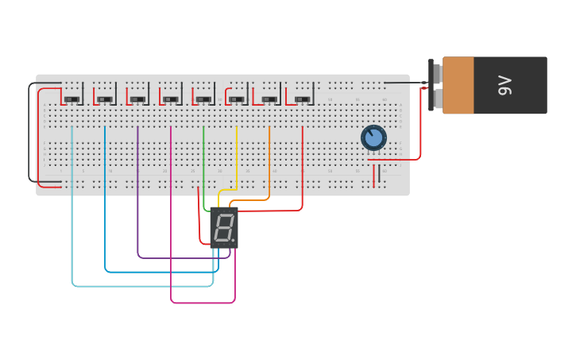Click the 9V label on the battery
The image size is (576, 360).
pyautogui.click(x=504, y=85)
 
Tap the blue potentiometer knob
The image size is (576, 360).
pyautogui.click(x=373, y=137)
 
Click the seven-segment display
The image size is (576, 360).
pyautogui.click(x=224, y=228)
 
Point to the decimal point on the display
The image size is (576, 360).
pyautogui.click(x=234, y=241)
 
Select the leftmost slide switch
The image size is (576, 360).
pyautogui.click(x=72, y=99)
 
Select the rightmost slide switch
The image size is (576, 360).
pyautogui.click(x=302, y=99)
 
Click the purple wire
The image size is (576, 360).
pyautogui.click(x=138, y=199)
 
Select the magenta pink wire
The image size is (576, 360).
pyautogui.click(x=171, y=223)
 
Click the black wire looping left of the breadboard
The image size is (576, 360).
pyautogui.click(x=30, y=135)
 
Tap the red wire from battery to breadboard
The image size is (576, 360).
pyautogui.click(x=419, y=127)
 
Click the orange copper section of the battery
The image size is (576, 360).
pyautogui.click(x=458, y=85)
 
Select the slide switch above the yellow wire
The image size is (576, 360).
pyautogui.click(x=237, y=99)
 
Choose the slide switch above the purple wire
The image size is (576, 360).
pyautogui.click(x=138, y=99)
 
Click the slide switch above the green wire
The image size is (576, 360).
pyautogui.click(x=203, y=99)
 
